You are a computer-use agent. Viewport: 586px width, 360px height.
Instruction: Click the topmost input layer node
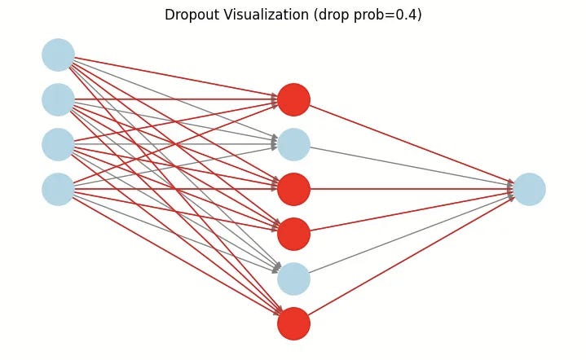pyautogui.click(x=58, y=55)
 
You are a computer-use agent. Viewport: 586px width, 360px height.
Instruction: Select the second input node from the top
pyautogui.click(x=58, y=99)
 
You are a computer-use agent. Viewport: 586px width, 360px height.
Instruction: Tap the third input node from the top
pyautogui.click(x=58, y=144)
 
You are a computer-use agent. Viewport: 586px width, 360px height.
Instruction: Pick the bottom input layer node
pyautogui.click(x=58, y=189)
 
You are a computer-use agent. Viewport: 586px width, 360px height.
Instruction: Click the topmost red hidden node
pyautogui.click(x=293, y=99)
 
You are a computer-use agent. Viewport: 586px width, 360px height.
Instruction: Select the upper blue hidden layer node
pyautogui.click(x=293, y=144)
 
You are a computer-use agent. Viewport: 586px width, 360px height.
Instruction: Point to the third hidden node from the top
pyautogui.click(x=293, y=189)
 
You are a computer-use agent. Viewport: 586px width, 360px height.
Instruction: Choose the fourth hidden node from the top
pyautogui.click(x=293, y=234)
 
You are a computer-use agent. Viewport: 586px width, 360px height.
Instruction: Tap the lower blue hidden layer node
pyautogui.click(x=293, y=279)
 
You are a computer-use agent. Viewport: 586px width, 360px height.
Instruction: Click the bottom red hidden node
pyautogui.click(x=293, y=323)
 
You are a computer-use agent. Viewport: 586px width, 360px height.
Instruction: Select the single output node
pyautogui.click(x=529, y=189)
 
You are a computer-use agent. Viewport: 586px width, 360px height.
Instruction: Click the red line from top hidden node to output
pyautogui.click(x=408, y=144)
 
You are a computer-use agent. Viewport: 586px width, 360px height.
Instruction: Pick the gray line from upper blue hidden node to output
pyautogui.click(x=408, y=167)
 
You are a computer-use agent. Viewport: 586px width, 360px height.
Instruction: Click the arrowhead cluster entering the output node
pyautogui.click(x=510, y=189)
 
